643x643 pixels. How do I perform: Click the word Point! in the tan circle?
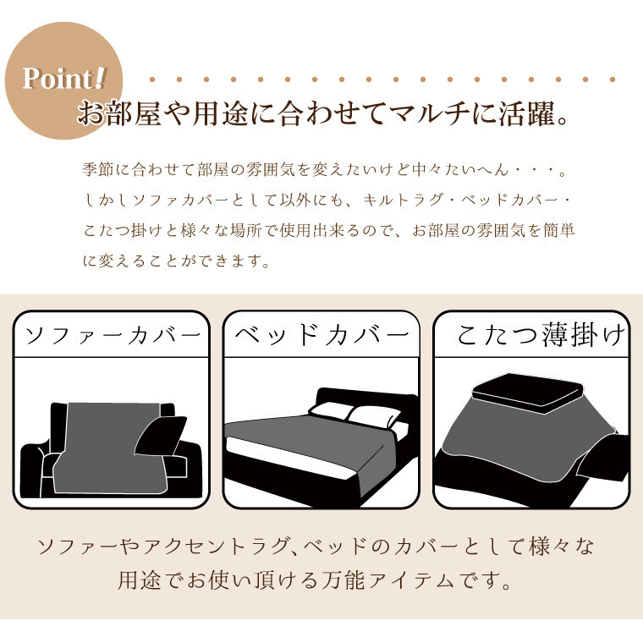pyautogui.click(x=64, y=78)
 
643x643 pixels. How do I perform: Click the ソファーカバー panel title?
pyautogui.click(x=113, y=336)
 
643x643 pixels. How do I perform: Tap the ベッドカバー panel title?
pyautogui.click(x=321, y=335)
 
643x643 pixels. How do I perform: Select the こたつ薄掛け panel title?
pyautogui.click(x=541, y=335)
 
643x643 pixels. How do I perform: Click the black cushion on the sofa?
pyautogui.click(x=161, y=436)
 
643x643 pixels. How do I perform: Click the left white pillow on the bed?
pyautogui.click(x=331, y=411)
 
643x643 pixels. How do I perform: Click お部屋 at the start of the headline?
pyautogui.click(x=119, y=113)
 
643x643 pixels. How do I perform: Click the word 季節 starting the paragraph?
pyautogui.click(x=97, y=169)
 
